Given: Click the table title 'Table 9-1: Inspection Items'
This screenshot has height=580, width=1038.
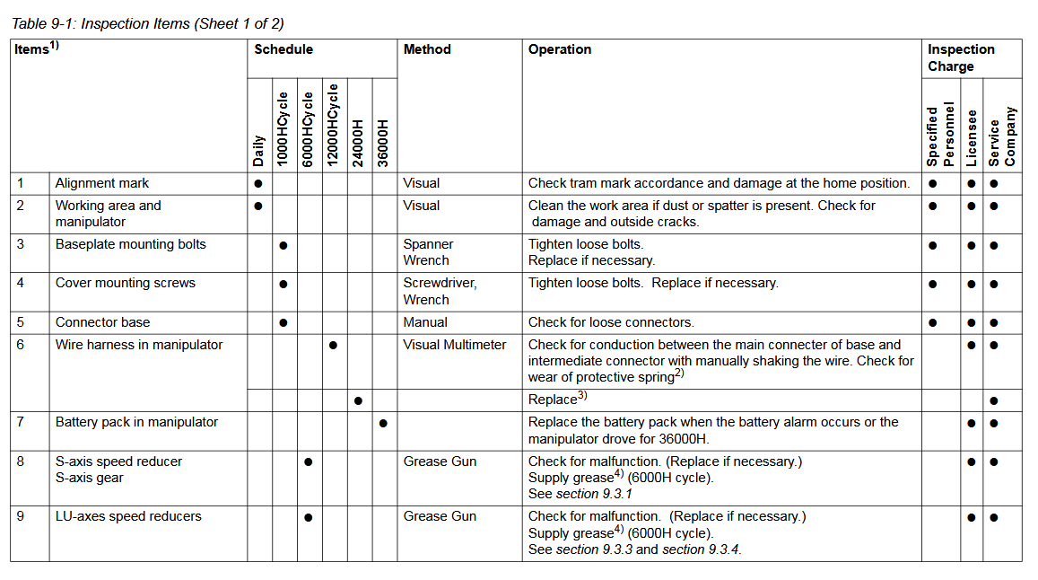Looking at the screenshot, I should tap(147, 23).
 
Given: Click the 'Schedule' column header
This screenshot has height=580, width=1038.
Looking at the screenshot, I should tap(283, 49).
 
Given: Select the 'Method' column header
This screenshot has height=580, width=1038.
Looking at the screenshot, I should tap(427, 49).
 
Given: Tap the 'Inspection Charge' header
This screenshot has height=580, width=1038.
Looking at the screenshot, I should tap(961, 57).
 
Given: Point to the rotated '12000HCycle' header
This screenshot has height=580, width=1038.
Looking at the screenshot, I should tap(333, 125).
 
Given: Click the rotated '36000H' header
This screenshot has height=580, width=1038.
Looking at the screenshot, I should tap(383, 142).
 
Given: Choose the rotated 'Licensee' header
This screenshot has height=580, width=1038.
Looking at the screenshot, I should tap(972, 137).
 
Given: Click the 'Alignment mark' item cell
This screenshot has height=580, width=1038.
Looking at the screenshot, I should tap(102, 183).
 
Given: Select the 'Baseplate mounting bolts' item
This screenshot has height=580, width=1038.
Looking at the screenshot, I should tap(131, 244).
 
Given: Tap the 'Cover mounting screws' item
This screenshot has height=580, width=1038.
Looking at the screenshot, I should tap(126, 283).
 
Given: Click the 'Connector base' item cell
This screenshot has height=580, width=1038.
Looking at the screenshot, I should tap(103, 322).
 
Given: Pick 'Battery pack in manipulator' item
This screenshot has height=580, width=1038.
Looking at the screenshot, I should tap(136, 422).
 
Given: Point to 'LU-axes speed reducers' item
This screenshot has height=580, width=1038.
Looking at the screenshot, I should tap(128, 516).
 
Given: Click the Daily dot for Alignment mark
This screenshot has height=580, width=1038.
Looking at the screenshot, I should tap(258, 183).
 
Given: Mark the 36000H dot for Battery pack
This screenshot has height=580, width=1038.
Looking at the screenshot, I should tap(383, 423).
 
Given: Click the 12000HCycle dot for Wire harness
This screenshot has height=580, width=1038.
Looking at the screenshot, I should tap(333, 346).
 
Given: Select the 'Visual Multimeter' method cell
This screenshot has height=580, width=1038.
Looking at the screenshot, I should tap(455, 345).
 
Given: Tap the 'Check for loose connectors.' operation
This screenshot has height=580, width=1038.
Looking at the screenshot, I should tap(611, 322).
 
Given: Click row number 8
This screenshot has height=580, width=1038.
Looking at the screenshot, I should tap(21, 461).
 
